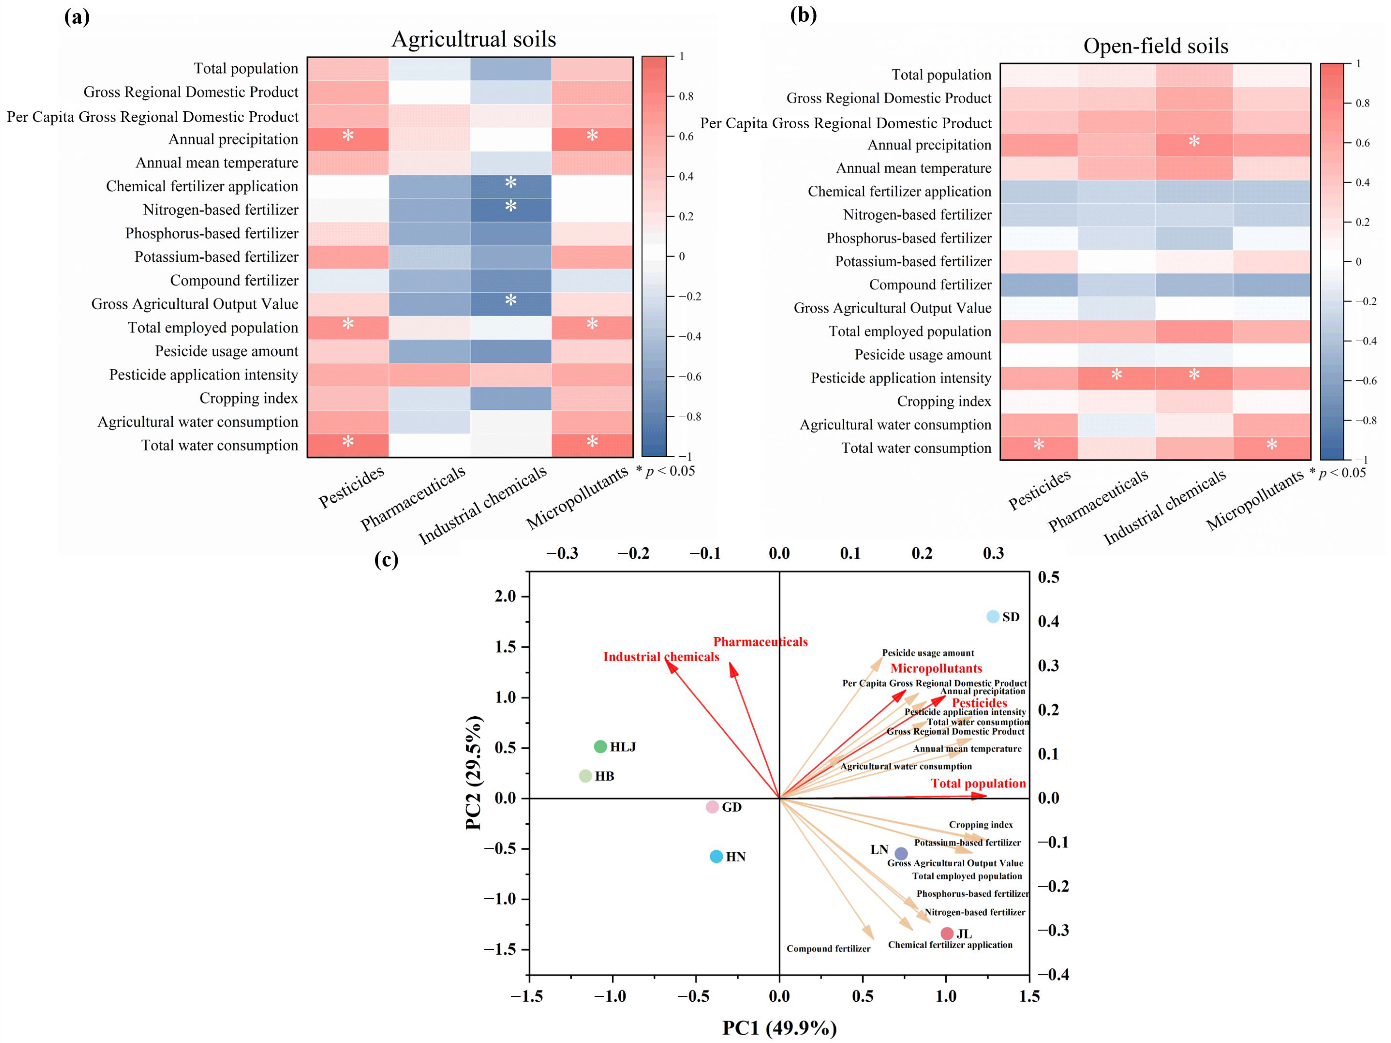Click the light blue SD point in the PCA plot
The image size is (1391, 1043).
coord(992,617)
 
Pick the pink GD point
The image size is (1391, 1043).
coord(712,807)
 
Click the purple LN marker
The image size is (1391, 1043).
coord(901,854)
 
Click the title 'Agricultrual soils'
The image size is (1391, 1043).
coord(474,39)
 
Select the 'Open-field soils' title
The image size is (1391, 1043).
coord(1155,46)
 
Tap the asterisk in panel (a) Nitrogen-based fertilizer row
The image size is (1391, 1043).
coord(511,206)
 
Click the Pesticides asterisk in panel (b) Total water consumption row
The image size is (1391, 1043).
coord(1039,445)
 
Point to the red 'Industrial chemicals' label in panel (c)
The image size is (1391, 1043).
coord(661,657)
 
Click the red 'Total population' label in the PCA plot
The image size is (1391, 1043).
coord(978,783)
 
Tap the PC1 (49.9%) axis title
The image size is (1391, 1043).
coord(779,1028)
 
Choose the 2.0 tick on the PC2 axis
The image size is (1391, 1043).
coord(504,597)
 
